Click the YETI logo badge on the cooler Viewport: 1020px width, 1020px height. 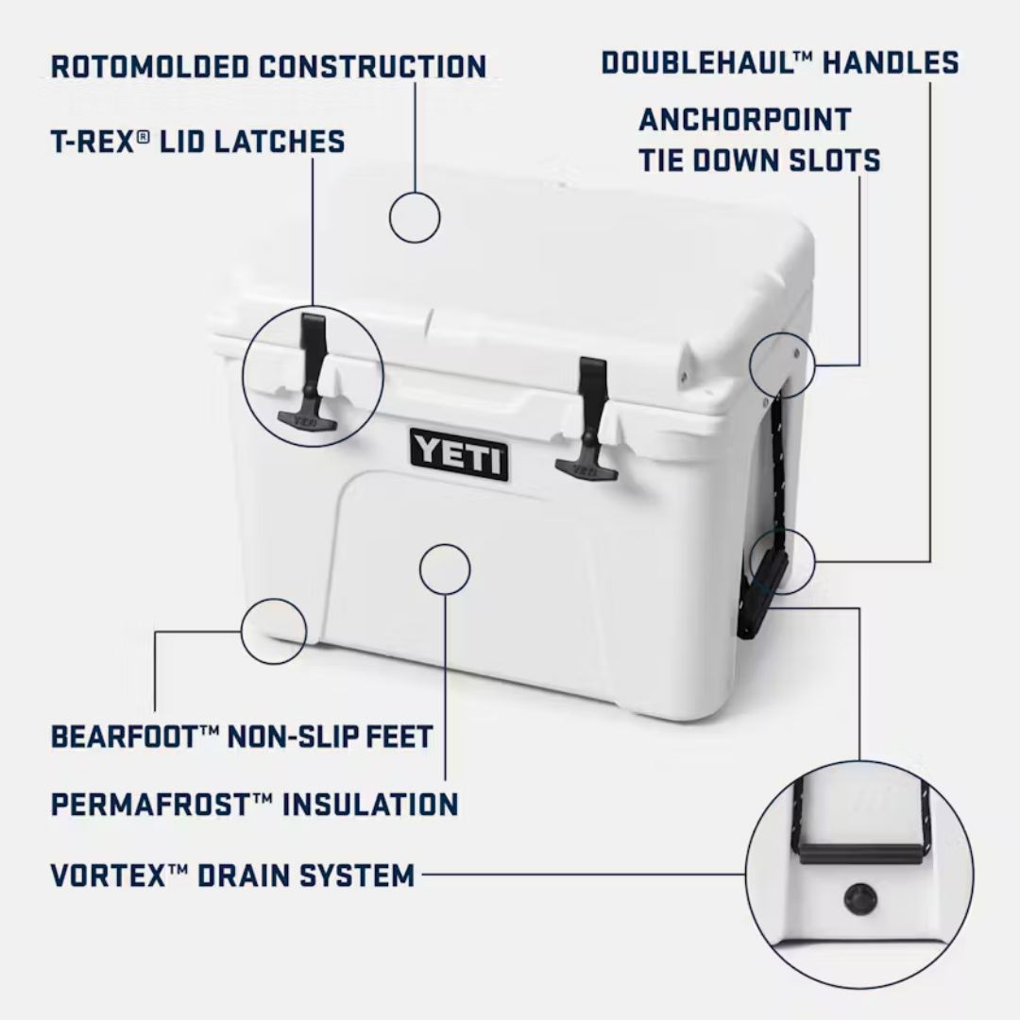click(459, 454)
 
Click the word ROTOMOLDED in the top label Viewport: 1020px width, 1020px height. click(149, 67)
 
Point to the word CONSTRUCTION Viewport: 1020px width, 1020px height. click(373, 67)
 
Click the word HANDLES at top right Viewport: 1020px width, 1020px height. click(891, 63)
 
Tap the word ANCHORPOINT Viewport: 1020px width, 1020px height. click(745, 120)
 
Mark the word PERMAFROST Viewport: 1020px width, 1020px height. click(151, 805)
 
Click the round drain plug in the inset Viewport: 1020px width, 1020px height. click(859, 899)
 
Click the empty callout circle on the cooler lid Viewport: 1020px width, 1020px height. click(415, 217)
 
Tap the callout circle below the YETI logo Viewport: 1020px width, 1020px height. click(444, 569)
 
